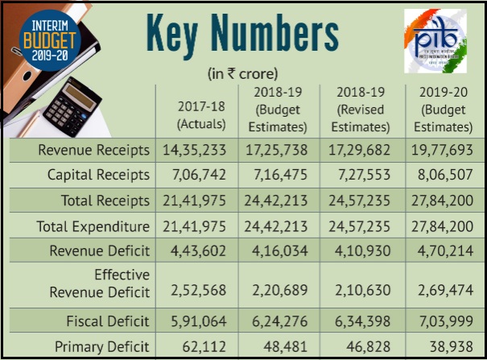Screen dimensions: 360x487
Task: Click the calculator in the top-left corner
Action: pos(74,105)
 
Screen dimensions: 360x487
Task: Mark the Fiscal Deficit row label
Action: pos(104,322)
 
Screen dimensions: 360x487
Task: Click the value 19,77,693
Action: pos(440,150)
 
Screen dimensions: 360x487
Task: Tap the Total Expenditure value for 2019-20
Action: pos(440,226)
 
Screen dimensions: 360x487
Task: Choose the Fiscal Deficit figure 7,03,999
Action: pos(440,322)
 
